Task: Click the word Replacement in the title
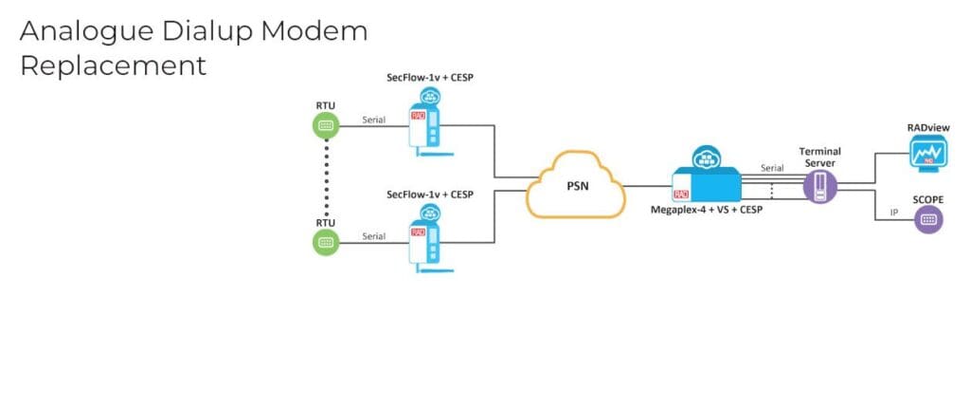pyautogui.click(x=113, y=65)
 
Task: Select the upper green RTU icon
pyautogui.click(x=325, y=124)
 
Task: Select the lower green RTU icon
pyautogui.click(x=325, y=242)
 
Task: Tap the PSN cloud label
pyautogui.click(x=578, y=186)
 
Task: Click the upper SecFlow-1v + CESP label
pyautogui.click(x=429, y=78)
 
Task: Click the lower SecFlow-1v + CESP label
pyautogui.click(x=429, y=194)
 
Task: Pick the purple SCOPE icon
pyautogui.click(x=927, y=220)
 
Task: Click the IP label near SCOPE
pyautogui.click(x=893, y=213)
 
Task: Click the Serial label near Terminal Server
pyautogui.click(x=773, y=167)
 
